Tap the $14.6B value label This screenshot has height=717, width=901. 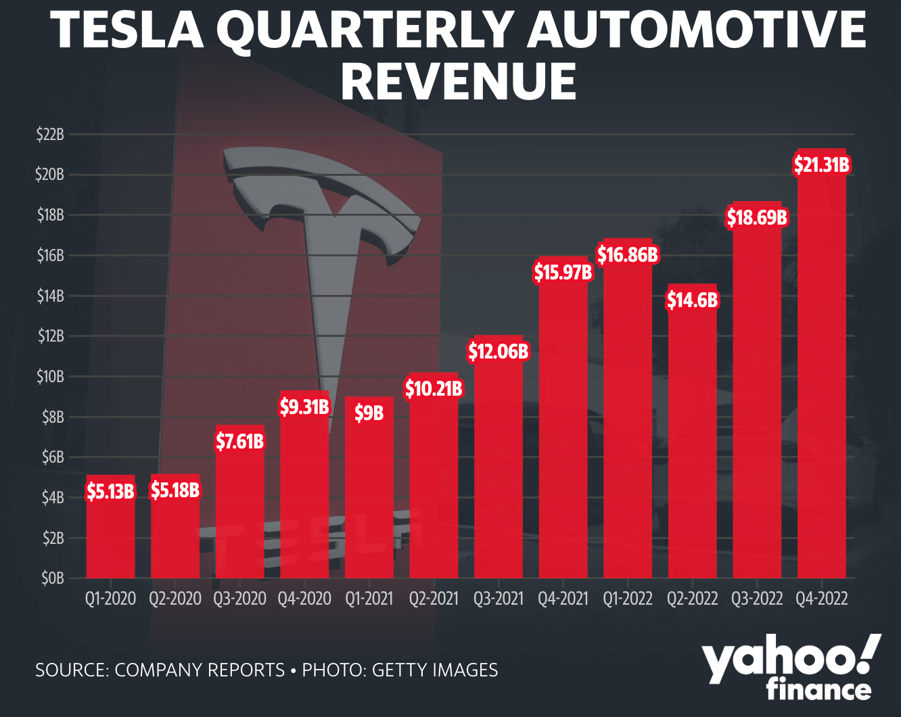tap(692, 300)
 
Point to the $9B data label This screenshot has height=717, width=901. tap(369, 413)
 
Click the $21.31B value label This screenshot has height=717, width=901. tap(821, 165)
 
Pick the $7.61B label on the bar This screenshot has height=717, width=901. tap(239, 442)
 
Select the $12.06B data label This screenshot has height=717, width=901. tap(499, 352)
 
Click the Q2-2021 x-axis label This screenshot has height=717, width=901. tap(434, 599)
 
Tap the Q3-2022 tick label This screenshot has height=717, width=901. tap(757, 599)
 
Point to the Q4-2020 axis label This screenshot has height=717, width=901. tap(304, 599)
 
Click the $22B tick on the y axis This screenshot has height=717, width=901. tap(50, 135)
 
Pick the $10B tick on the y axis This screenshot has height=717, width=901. tap(50, 377)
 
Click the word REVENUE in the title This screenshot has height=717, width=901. tap(459, 81)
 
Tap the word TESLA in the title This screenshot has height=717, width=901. tap(127, 30)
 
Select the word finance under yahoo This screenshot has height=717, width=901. tap(818, 690)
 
